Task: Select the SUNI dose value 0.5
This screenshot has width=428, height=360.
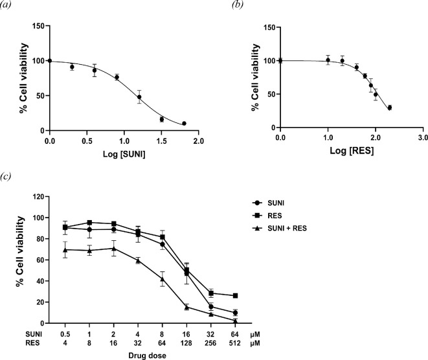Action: pos(65,333)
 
